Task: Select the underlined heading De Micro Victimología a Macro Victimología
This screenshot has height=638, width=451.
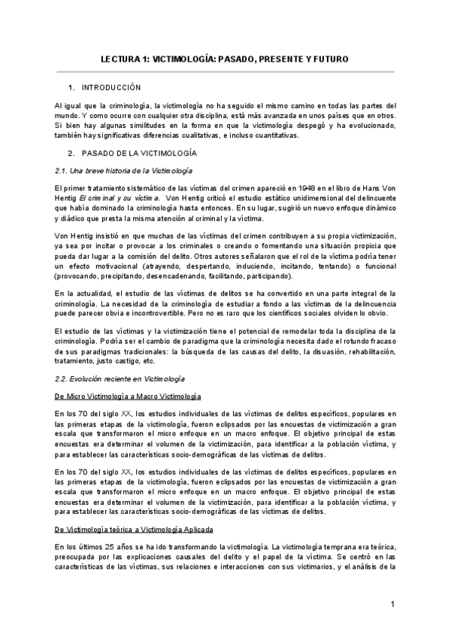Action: (x=128, y=396)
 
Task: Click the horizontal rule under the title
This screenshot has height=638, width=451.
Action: (x=225, y=72)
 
